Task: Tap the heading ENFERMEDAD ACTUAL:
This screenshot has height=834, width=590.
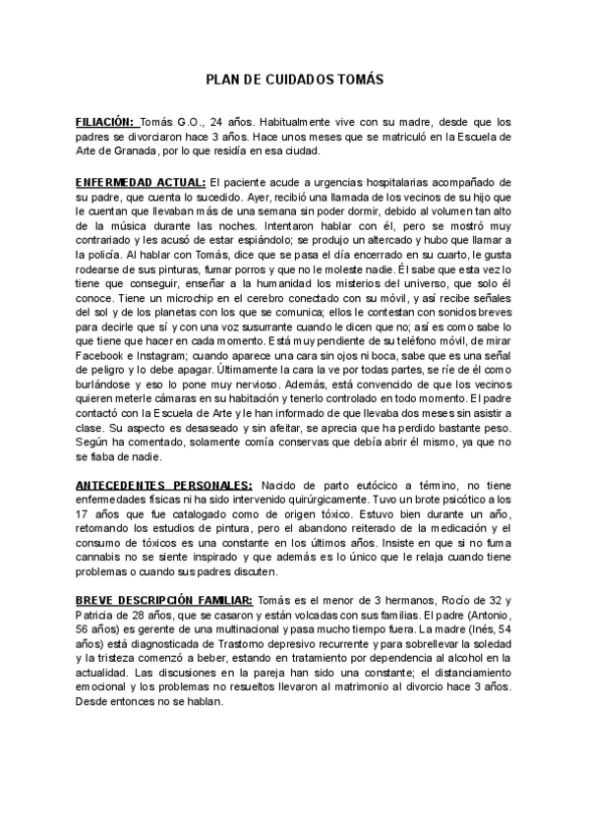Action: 141,183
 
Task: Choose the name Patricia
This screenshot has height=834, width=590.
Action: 99,616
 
